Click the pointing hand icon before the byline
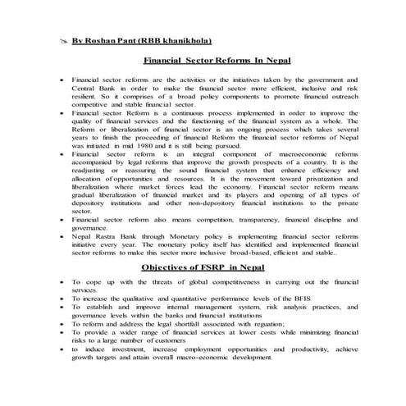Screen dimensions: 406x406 (x=63, y=39)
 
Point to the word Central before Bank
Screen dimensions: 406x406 (x=86, y=89)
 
